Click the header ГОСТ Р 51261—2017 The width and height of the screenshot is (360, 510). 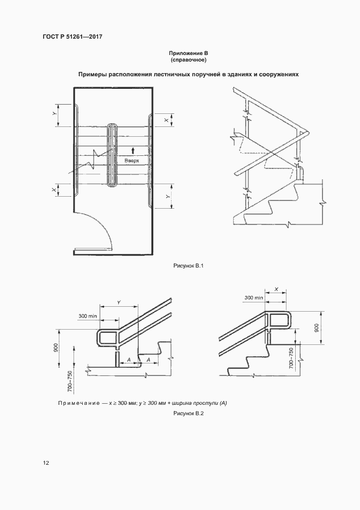pos(72,37)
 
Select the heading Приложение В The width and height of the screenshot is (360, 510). pos(189,53)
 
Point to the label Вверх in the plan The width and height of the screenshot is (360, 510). pos(132,161)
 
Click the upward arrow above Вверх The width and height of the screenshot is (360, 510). pos(132,150)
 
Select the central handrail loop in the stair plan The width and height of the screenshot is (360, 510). pos(112,156)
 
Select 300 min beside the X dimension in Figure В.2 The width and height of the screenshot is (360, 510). pos(254,298)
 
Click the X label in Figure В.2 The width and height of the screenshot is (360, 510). pos(277,290)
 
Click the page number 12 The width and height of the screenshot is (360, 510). pos(46,463)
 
